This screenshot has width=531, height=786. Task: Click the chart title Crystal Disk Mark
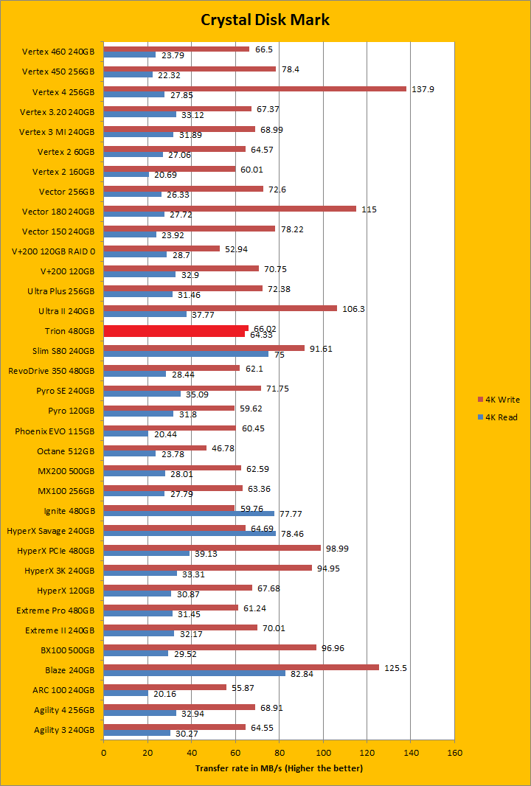(x=265, y=19)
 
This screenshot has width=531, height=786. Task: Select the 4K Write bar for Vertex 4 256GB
(x=254, y=88)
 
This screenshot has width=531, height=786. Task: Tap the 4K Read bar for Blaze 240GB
(x=194, y=673)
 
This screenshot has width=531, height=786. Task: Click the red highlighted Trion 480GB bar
(x=176, y=331)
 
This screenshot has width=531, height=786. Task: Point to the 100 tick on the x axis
(x=323, y=753)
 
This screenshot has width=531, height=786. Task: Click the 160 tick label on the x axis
(x=455, y=753)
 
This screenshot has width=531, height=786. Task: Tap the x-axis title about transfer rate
(x=279, y=768)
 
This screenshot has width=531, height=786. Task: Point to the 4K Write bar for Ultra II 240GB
(x=220, y=308)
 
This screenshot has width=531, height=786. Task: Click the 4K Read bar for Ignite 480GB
(x=189, y=514)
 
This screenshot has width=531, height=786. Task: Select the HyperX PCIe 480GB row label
(x=56, y=551)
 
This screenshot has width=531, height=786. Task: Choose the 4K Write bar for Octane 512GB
(x=155, y=448)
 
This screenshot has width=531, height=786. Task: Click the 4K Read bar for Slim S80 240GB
(x=186, y=354)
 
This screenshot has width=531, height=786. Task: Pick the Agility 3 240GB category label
(x=64, y=730)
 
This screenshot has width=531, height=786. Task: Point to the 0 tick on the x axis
(x=103, y=753)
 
